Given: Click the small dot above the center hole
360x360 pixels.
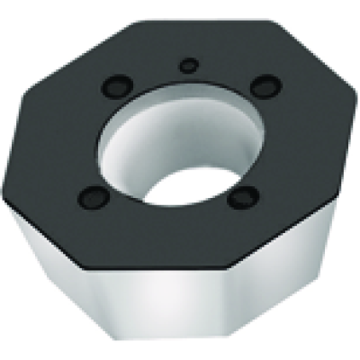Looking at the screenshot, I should (187, 65).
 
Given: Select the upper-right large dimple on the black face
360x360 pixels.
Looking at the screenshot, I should (264, 86).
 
